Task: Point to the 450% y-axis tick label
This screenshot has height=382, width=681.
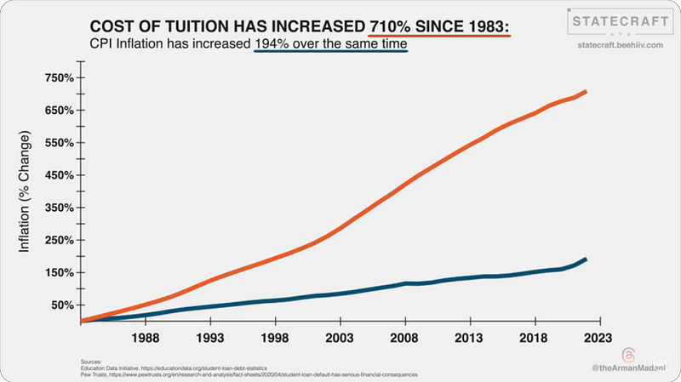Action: pos(60,175)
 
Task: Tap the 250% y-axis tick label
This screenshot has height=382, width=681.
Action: pos(60,240)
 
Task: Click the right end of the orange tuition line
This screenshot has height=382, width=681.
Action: pos(586,91)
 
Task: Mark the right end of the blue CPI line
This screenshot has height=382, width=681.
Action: pos(586,259)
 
